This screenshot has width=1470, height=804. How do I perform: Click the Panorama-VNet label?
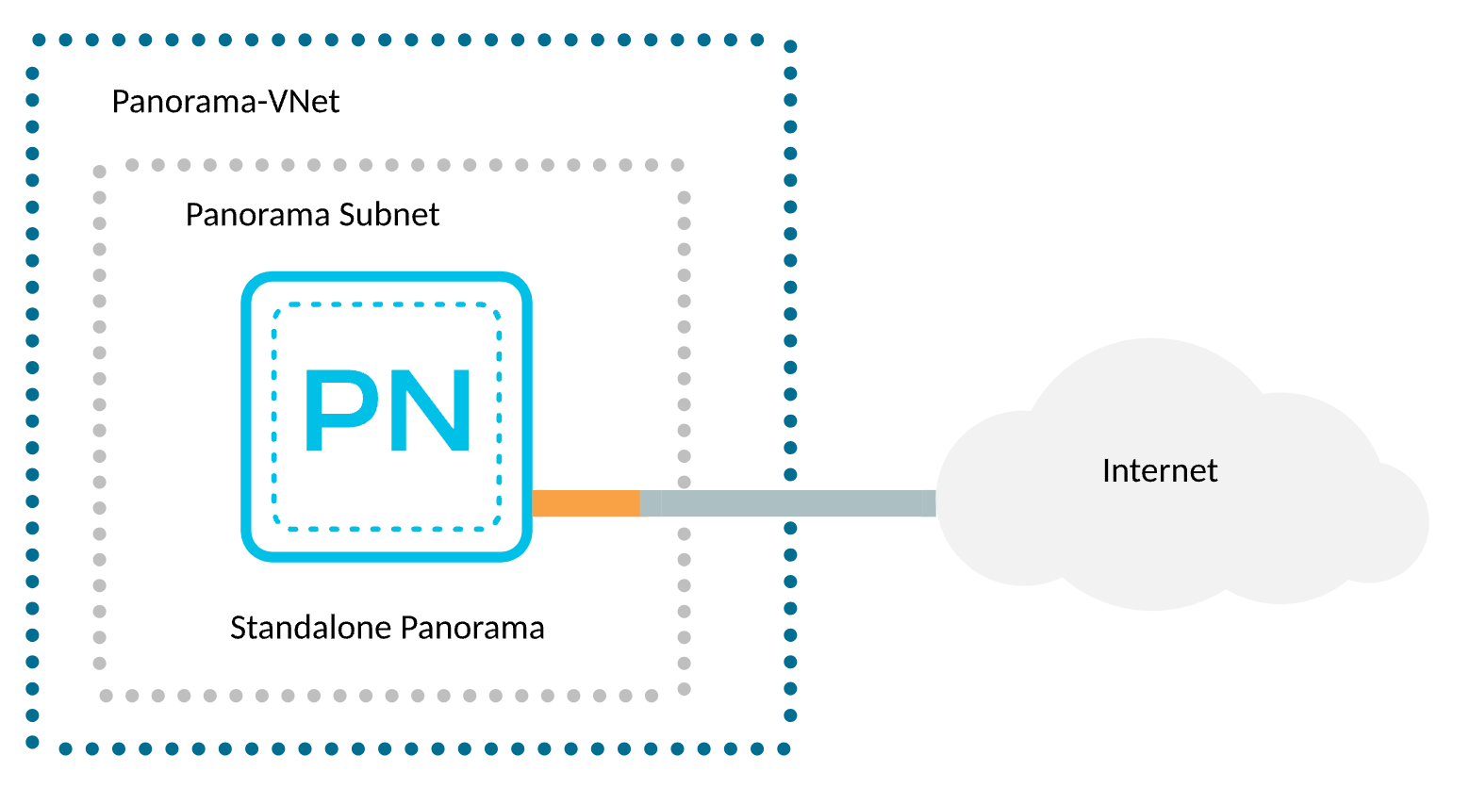click(225, 102)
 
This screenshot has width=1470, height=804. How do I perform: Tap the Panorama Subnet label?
click(312, 215)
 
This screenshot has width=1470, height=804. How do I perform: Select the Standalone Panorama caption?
click(387, 628)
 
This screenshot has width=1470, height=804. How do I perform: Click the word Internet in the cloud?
click(1159, 470)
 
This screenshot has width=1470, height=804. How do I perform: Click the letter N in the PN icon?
click(431, 410)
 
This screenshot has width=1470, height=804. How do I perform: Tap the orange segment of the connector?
click(586, 503)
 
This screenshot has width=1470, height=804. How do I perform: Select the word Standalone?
click(310, 628)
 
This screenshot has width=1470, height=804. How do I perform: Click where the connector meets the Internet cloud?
click(934, 503)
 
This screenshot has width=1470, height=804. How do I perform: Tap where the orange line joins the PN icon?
click(535, 503)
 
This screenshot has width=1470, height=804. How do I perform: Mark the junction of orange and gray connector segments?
click(640, 503)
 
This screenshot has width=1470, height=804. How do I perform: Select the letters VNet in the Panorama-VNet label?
click(304, 102)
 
